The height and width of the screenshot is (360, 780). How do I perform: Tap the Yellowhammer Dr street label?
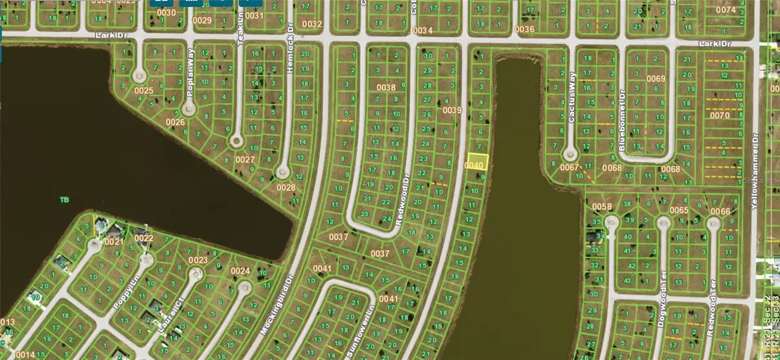(x=755, y=171)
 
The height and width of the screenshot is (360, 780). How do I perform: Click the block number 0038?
(x=386, y=88)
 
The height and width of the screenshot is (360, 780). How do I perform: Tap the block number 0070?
(x=720, y=115)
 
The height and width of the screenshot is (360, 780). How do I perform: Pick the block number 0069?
(x=656, y=79)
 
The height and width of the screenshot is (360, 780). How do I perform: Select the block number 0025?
(x=144, y=90)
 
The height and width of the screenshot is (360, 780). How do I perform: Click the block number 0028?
(x=285, y=187)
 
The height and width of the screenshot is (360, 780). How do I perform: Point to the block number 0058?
(x=602, y=207)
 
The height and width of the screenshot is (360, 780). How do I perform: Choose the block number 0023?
(x=198, y=261)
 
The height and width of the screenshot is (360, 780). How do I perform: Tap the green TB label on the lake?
(x=64, y=199)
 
